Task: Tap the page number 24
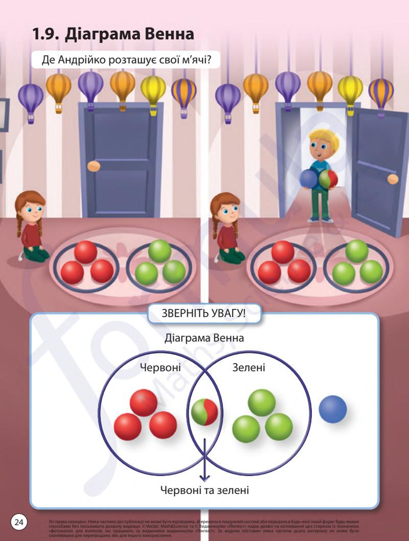(19, 522)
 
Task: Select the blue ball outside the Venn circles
(333, 410)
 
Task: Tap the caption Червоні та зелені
(204, 491)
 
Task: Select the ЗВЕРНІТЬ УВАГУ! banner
(204, 313)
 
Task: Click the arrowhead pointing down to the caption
(204, 478)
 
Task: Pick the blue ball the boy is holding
(309, 179)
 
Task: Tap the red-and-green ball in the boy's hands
(328, 180)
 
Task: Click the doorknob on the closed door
(94, 166)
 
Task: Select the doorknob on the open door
(393, 179)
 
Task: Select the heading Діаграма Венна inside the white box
(204, 339)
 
